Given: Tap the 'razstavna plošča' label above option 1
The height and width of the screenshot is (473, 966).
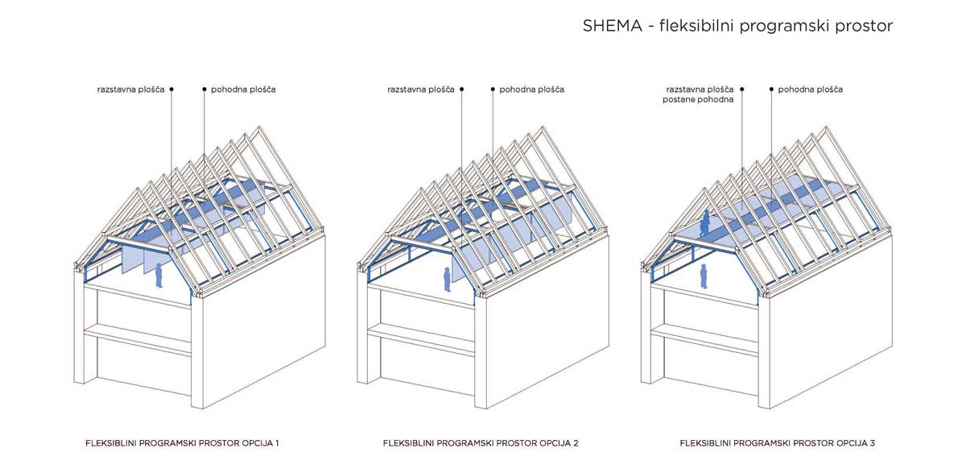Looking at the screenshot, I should [130, 89].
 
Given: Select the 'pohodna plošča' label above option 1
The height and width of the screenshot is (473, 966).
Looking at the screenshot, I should [243, 89].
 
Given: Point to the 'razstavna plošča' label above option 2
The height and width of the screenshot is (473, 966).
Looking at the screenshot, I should [420, 89].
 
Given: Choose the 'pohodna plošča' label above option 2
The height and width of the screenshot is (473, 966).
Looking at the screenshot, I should [531, 89].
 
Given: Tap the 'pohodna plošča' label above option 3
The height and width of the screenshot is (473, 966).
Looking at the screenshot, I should [810, 89].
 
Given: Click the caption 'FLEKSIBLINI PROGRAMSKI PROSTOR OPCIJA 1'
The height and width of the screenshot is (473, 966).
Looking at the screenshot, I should [182, 443].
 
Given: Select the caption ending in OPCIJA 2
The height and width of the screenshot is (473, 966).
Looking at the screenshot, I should [481, 443].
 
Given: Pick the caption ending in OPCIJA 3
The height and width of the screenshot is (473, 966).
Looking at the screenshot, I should [777, 443].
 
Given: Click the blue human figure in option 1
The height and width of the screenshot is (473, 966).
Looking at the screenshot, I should [159, 276].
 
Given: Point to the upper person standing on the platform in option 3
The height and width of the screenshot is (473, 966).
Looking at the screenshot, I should [705, 223].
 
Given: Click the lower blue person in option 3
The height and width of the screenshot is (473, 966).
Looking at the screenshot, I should [703, 276].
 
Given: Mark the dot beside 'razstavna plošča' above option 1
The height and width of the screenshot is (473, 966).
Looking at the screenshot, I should [171, 89].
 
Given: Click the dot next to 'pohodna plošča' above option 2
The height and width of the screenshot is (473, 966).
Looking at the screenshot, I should [492, 89].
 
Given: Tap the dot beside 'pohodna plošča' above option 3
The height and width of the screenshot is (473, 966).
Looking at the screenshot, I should [771, 89].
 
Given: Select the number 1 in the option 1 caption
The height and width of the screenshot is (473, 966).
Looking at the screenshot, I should [276, 443].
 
